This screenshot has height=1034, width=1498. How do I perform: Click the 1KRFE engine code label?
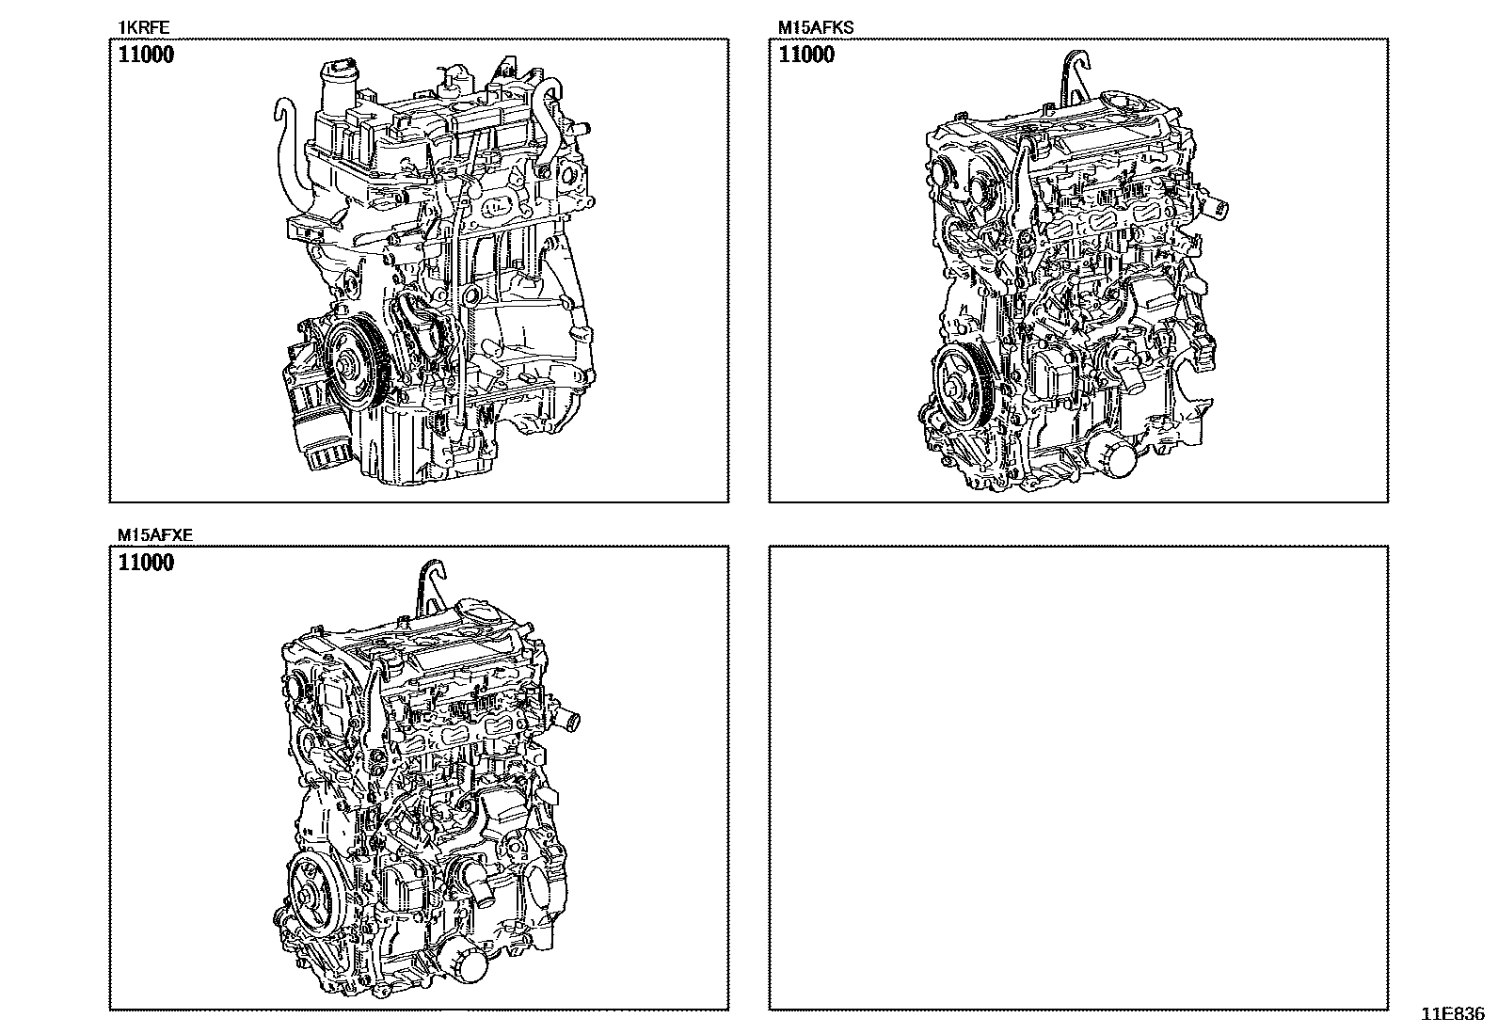pos(143,27)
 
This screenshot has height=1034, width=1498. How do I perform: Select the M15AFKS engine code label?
pos(815,27)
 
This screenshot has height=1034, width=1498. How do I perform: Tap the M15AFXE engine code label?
pos(155,535)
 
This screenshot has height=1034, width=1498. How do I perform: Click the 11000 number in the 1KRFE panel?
pos(146,55)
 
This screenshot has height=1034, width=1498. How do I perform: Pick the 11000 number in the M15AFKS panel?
pos(805,55)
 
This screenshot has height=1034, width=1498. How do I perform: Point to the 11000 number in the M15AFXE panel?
pos(146,563)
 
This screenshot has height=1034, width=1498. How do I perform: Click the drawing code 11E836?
pos(1453,1013)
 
